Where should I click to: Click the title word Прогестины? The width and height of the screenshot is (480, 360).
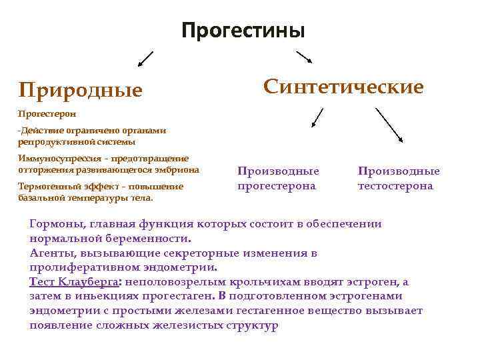[243, 31]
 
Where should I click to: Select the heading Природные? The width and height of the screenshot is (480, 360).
[81, 89]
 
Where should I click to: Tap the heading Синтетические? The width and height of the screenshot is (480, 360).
[343, 87]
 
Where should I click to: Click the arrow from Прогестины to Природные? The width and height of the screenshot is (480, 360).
[145, 59]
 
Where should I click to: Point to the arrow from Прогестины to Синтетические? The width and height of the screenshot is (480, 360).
[305, 57]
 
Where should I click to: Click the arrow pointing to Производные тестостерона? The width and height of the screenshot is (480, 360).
[390, 125]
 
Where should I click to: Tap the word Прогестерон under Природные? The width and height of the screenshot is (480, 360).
[43, 114]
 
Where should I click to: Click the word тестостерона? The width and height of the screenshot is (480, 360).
[395, 186]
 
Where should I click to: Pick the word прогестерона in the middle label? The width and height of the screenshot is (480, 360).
[277, 186]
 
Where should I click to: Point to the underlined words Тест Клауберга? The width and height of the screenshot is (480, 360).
[69, 282]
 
